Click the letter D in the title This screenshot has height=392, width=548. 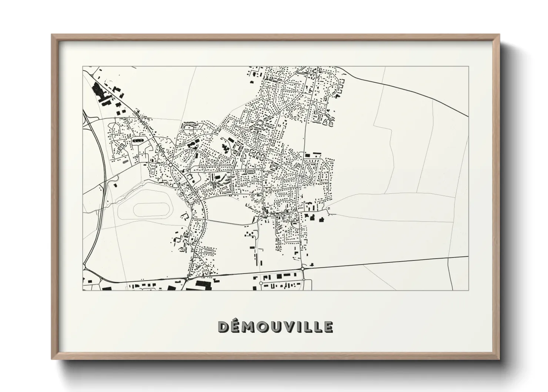coord(223,327)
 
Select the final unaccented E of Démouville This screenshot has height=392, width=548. coord(328,327)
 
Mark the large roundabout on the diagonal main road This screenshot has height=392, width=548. coord(170,164)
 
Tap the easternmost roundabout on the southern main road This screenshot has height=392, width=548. coord(303,268)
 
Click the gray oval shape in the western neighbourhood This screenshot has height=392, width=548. coord(123,162)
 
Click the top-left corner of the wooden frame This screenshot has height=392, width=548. coord(52,35)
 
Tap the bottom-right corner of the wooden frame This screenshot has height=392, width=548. coord(499,359)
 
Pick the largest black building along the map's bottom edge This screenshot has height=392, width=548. coord(202,284)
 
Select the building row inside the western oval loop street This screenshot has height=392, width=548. coord(137,140)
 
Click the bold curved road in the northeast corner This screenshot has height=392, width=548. coord(407,91)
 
